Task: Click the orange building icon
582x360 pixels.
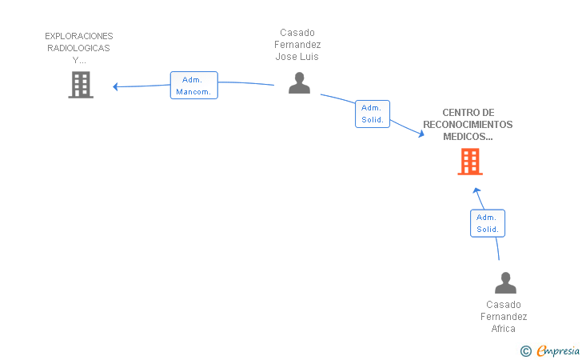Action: [x=470, y=162]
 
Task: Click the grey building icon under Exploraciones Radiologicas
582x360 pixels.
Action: [x=81, y=85]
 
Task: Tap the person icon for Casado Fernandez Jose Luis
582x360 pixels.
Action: [x=299, y=83]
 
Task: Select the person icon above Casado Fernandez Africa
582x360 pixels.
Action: [x=505, y=282]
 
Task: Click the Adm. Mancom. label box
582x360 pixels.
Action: [x=193, y=86]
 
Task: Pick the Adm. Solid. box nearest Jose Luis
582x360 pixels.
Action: [x=373, y=114]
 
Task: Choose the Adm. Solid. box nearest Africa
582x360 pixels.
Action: [x=488, y=223]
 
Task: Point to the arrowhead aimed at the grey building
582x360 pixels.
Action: [x=115, y=86]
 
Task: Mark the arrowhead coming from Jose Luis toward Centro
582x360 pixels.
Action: [x=421, y=134]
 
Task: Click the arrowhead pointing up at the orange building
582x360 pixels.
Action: [x=476, y=191]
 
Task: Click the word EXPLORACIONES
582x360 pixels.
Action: [x=78, y=36]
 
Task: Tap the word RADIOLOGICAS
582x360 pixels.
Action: [x=78, y=48]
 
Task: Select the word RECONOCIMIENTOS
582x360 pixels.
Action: [x=468, y=125]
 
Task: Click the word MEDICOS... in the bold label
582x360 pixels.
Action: [x=468, y=136]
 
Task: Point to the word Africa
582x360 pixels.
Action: [x=504, y=329]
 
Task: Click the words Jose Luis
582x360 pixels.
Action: [x=297, y=57]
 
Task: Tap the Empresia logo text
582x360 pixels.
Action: [x=558, y=350]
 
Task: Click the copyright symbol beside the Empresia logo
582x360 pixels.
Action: [x=526, y=351]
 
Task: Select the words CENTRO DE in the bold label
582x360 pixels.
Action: [x=468, y=113]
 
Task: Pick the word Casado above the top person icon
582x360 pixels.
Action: [x=297, y=33]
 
